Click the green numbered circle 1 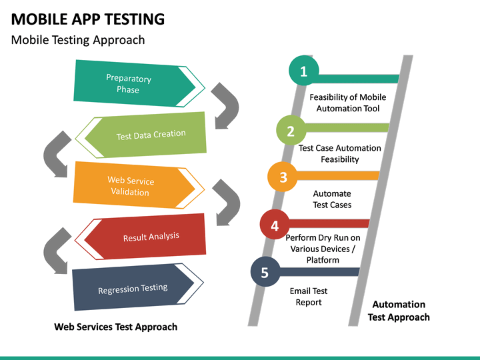tap(304, 71)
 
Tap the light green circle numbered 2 tap(291, 131)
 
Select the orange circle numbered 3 tap(283, 177)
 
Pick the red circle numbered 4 tap(275, 226)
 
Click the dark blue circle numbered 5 tap(265, 272)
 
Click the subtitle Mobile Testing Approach tap(78, 40)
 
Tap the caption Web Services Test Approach tap(115, 327)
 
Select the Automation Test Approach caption tap(399, 311)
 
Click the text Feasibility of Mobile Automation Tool tap(347, 103)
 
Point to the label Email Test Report tap(309, 297)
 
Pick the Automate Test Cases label tap(332, 199)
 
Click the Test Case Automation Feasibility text tap(339, 153)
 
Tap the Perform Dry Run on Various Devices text tap(323, 249)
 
